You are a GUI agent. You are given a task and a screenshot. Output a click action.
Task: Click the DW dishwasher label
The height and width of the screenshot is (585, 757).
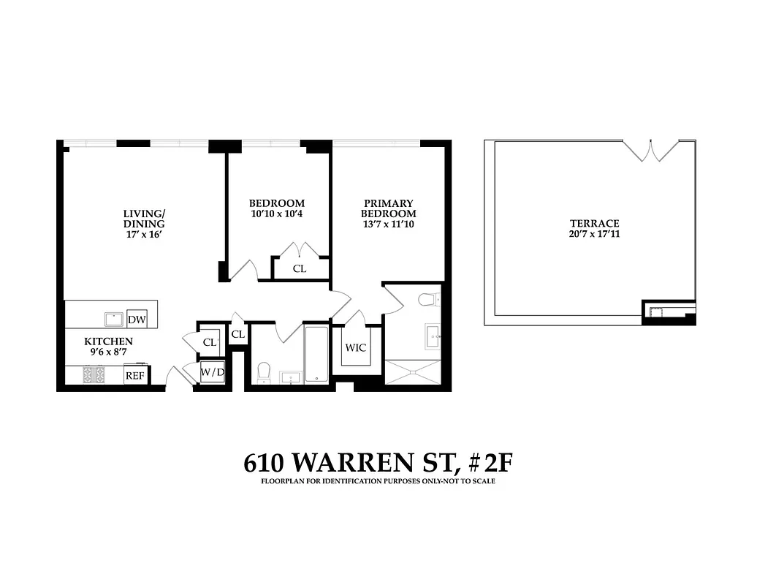137,320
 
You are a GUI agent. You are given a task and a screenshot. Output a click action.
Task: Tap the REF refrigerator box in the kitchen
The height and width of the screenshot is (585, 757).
135,375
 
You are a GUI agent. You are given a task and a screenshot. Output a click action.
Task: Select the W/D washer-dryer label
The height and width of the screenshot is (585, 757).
213,373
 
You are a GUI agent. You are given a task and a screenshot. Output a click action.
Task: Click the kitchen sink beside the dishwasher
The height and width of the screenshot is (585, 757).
114,319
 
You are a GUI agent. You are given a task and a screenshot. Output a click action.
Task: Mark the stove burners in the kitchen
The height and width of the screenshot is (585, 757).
94,374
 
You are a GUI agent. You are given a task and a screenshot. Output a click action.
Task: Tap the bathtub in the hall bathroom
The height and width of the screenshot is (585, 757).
316,354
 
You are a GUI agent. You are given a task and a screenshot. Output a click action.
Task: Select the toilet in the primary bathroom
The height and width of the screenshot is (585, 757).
429,298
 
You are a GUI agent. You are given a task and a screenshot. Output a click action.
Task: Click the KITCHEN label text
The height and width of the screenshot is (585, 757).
108,341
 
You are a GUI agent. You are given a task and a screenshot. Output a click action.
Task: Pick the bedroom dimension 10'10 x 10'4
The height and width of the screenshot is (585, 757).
277,214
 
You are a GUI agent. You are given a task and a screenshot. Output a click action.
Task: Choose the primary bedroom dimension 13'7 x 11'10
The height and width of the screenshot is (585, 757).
389,224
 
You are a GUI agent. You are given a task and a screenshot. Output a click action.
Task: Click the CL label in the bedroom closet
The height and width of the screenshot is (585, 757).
300,268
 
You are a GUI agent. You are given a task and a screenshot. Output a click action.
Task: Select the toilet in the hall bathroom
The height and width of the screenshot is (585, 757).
265,372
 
